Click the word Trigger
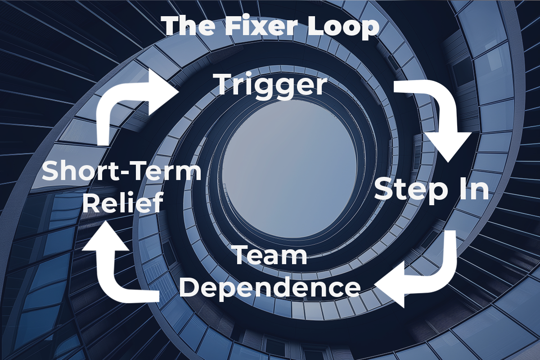pyautogui.click(x=270, y=84)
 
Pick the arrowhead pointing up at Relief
pyautogui.click(x=103, y=234)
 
